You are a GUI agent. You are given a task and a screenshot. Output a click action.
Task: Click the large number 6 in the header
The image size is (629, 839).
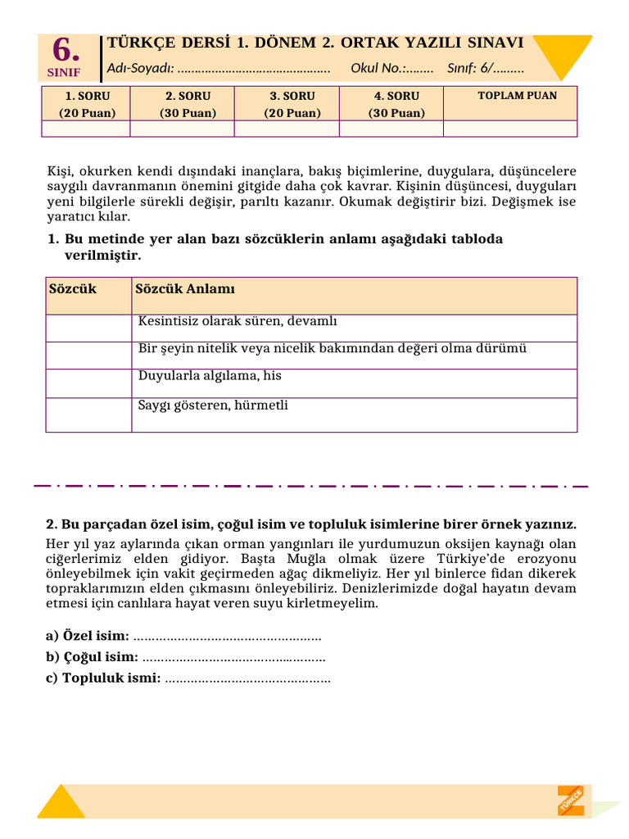click(66, 52)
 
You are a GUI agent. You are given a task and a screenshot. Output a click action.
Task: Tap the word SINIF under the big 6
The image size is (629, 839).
click(66, 72)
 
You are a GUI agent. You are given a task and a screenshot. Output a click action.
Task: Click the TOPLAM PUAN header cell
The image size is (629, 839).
click(517, 96)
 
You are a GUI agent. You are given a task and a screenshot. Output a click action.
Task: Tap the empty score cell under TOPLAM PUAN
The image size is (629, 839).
click(510, 129)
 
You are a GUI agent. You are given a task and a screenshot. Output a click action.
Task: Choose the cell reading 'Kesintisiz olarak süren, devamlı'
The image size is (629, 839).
click(238, 320)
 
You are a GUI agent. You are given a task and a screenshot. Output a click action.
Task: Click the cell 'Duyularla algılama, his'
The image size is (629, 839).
click(210, 375)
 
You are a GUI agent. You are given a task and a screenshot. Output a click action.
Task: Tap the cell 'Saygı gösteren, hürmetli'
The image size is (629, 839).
click(213, 405)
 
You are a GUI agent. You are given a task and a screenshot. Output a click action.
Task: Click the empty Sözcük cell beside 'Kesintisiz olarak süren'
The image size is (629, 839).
click(88, 328)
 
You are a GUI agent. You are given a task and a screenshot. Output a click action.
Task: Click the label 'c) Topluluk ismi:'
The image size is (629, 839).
click(103, 678)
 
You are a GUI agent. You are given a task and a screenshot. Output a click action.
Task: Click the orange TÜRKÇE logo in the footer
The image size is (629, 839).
click(571, 800)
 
